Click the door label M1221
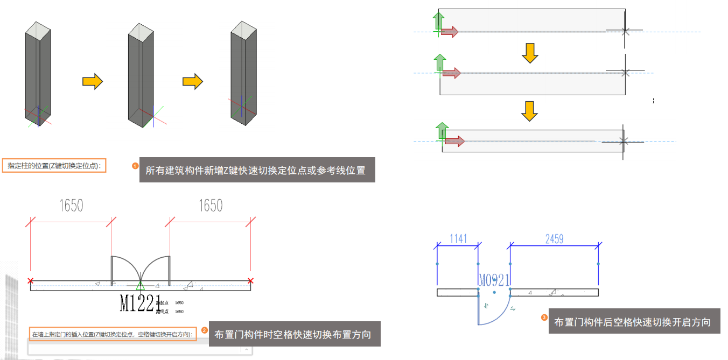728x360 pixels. [141, 303]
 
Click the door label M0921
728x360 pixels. [494, 279]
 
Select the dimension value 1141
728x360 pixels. [458, 238]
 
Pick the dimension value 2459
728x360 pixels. [555, 238]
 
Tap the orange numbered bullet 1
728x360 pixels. [135, 166]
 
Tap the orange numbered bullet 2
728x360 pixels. [204, 330]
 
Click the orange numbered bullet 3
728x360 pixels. [544, 318]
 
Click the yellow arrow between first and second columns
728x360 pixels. [92, 82]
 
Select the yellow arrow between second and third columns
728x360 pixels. [192, 82]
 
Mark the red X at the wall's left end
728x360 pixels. [30, 280]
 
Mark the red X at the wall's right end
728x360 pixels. [250, 280]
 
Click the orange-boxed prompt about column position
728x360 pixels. [54, 166]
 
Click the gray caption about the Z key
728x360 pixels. [257, 171]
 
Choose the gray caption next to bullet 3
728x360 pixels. [633, 322]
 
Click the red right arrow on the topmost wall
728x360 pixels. [449, 32]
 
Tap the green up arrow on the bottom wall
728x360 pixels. [442, 131]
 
